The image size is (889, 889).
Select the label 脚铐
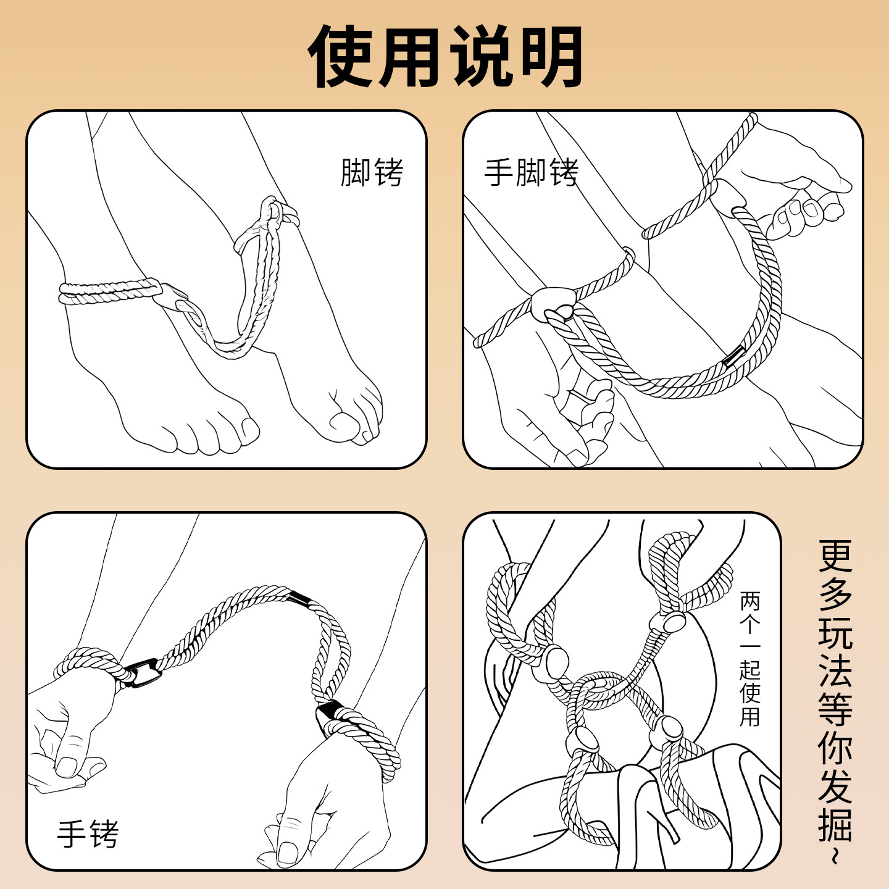[x=372, y=172]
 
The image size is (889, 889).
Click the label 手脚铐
[x=531, y=172]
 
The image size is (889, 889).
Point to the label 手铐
[x=88, y=834]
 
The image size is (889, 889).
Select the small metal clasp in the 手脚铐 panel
[x=734, y=356]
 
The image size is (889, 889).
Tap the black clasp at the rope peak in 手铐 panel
[x=300, y=598]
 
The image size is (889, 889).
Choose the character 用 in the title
[x=411, y=57]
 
